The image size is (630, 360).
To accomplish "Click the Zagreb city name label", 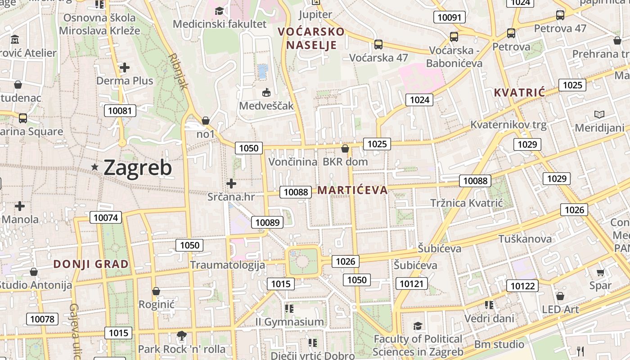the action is point(138,168).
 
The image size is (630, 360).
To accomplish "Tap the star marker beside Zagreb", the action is point(95,167).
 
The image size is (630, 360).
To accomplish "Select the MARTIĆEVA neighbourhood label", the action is point(352,190).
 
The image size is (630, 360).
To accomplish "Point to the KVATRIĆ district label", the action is point(519,93).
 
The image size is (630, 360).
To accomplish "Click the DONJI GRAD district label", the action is point(91,264).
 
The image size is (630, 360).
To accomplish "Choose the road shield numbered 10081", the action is point(120,111).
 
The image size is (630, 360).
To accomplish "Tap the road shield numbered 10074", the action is point(106,218).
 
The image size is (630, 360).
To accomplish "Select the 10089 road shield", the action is point(268,222).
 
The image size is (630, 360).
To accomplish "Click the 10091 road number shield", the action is point(449,18).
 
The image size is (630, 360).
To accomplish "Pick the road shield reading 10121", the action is point(412,283).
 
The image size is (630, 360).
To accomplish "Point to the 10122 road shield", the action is point(523,286).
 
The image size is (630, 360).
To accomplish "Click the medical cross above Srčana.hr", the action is point(231,184).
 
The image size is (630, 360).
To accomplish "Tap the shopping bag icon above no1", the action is point(206,121).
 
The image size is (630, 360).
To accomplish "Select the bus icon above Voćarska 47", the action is point(378,45).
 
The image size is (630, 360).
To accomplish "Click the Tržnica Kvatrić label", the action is point(466,203).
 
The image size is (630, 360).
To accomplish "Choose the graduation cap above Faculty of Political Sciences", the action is point(418,326).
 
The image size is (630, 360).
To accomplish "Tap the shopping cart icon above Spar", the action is point(600,272).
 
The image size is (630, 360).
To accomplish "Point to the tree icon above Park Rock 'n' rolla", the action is point(182,335).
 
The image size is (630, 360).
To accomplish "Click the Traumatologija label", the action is point(227,265).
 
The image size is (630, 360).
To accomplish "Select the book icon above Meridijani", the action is point(599,114).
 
